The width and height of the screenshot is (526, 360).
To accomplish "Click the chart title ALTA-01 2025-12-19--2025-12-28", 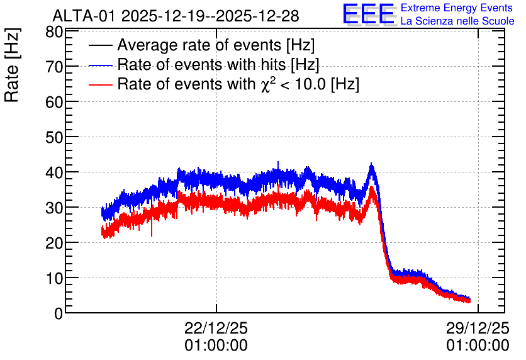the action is tap(176, 16).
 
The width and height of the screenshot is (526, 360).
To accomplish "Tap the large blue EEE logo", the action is tap(369, 14).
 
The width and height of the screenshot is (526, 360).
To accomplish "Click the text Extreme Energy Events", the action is tap(457, 8).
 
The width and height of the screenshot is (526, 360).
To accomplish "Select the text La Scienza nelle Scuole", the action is tap(457, 21).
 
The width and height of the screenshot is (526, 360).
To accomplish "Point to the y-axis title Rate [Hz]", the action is tap(12, 65).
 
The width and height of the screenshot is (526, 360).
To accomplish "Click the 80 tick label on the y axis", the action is tap(54, 33).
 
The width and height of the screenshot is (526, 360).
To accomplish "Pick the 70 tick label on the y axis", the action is tap(54, 67).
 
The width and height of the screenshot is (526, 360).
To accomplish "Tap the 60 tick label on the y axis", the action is tap(54, 102).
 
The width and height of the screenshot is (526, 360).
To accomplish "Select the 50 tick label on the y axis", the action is tap(54, 137).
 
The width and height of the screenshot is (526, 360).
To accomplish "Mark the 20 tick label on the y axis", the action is tap(54, 243).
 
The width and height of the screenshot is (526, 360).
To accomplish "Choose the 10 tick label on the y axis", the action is tap(54, 278).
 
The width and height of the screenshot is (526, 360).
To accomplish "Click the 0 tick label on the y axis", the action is tap(59, 313).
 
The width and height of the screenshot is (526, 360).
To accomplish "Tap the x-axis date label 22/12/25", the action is tap(216, 328).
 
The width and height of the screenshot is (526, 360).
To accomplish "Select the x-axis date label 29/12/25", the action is tap(478, 328).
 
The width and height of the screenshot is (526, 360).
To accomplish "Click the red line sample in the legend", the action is tap(100, 84).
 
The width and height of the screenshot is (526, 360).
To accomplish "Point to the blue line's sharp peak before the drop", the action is tap(371, 164).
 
